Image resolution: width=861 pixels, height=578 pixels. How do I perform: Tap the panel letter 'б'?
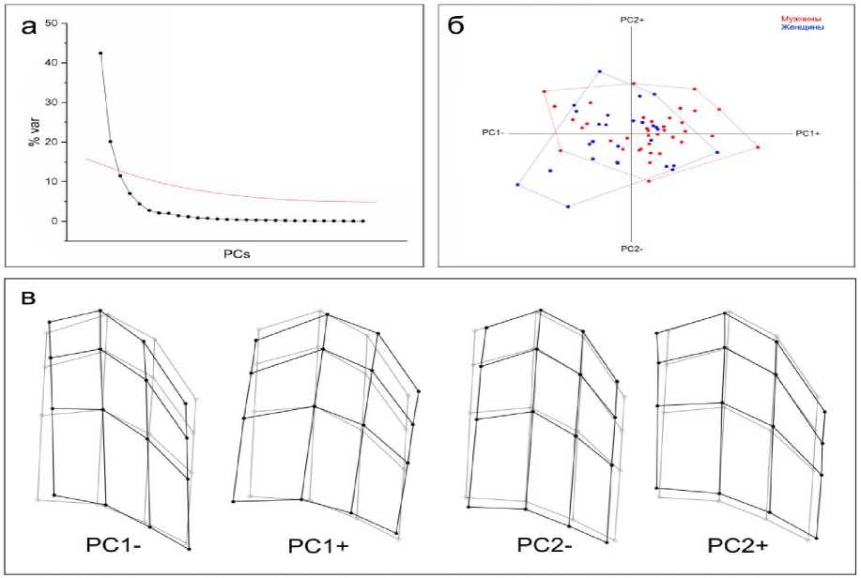[x=455, y=26]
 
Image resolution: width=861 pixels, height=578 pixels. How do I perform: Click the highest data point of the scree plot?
[x=100, y=53]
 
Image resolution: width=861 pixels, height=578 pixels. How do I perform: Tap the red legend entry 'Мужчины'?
[x=803, y=19]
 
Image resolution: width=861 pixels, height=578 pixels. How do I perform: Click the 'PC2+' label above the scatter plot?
[x=632, y=19]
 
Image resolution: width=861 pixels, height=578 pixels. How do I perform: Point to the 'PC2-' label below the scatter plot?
[x=632, y=249]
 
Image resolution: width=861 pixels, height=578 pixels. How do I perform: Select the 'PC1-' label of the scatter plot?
[x=492, y=133]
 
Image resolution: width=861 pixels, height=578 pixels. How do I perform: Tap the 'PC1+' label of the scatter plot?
[x=807, y=133]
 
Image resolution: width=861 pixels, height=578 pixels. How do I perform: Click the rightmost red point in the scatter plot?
[x=758, y=147]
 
